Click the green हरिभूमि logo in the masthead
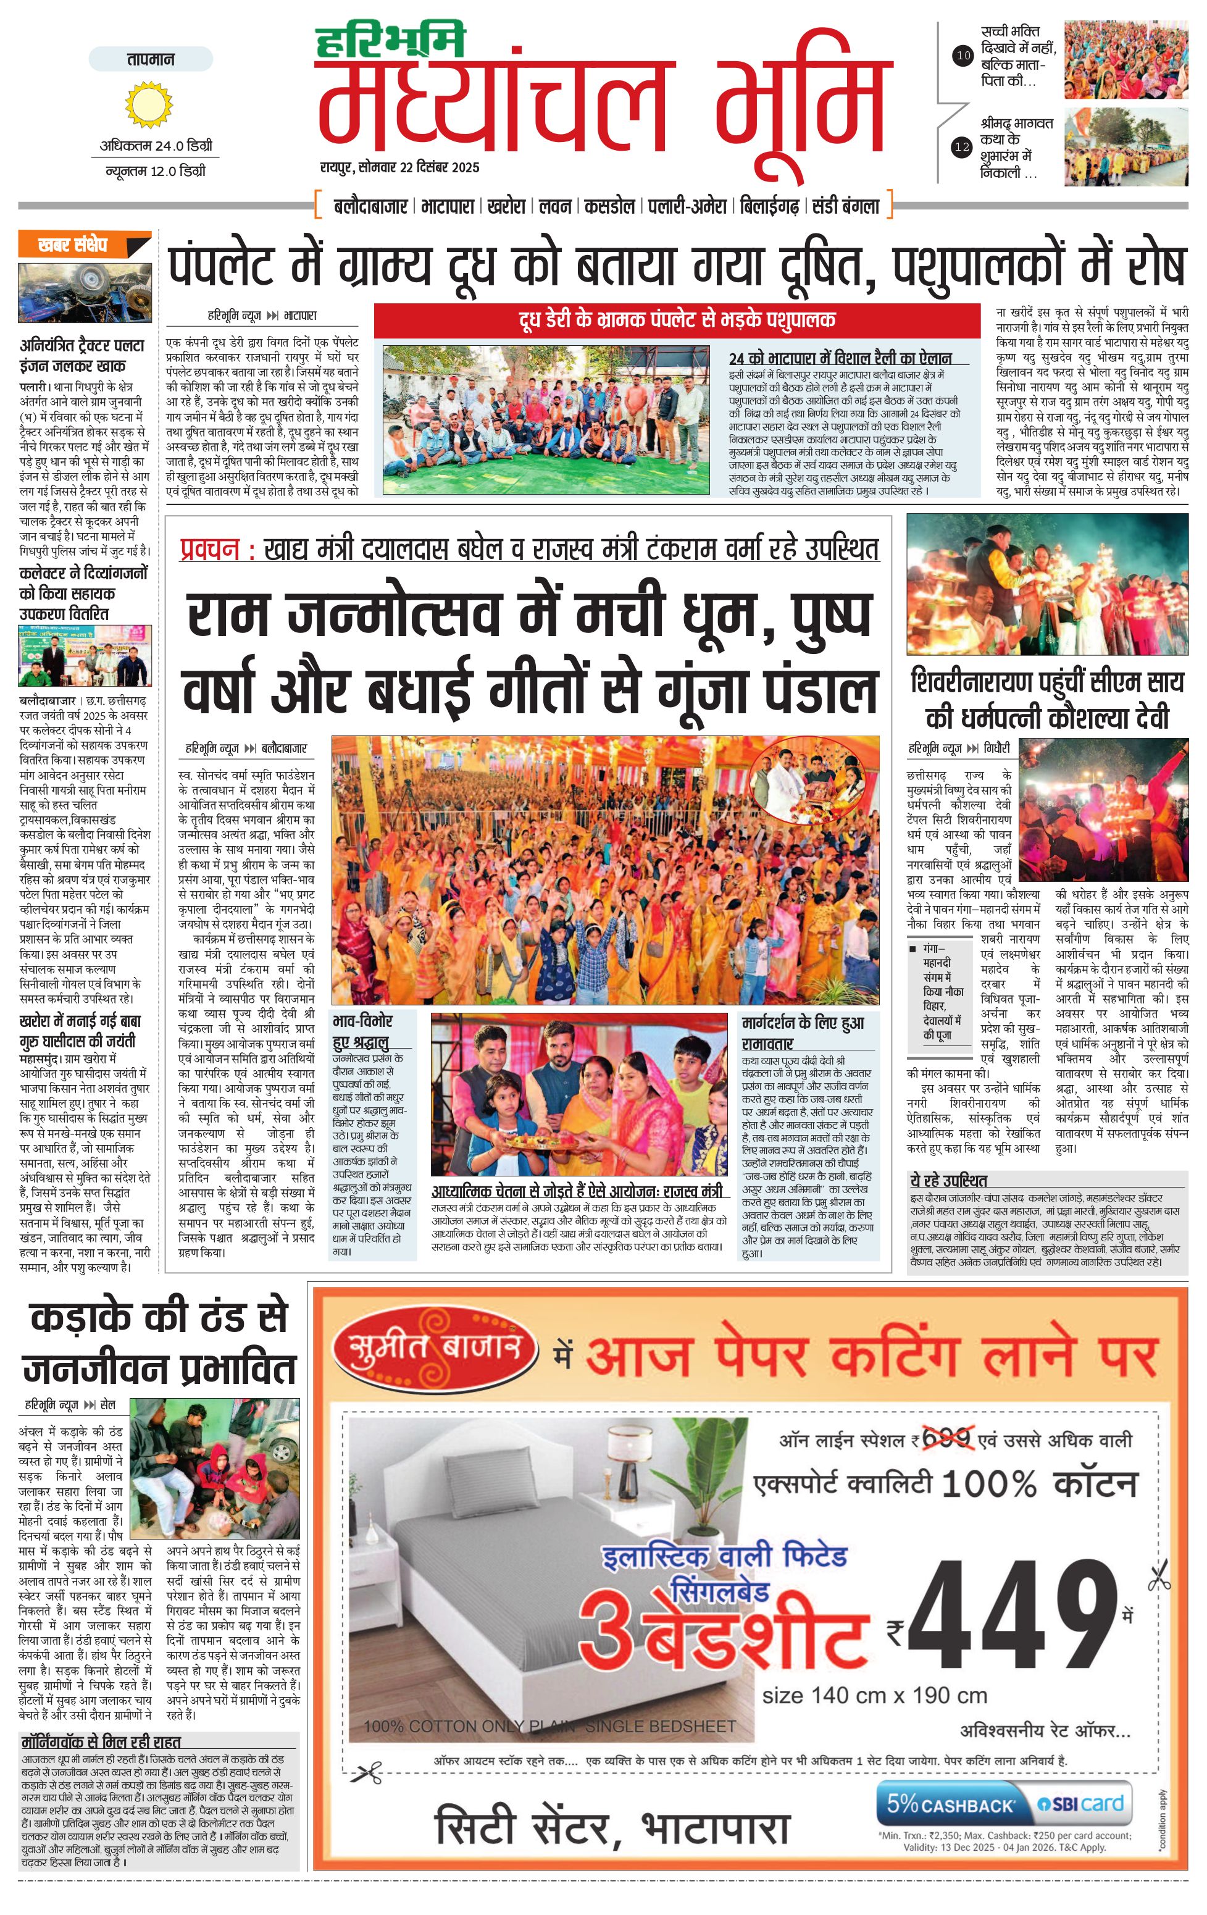[389, 42]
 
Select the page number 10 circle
[963, 56]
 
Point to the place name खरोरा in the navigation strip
[506, 206]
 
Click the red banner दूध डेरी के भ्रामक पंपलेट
[677, 320]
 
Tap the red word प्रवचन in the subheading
[209, 549]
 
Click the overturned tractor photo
[85, 293]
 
